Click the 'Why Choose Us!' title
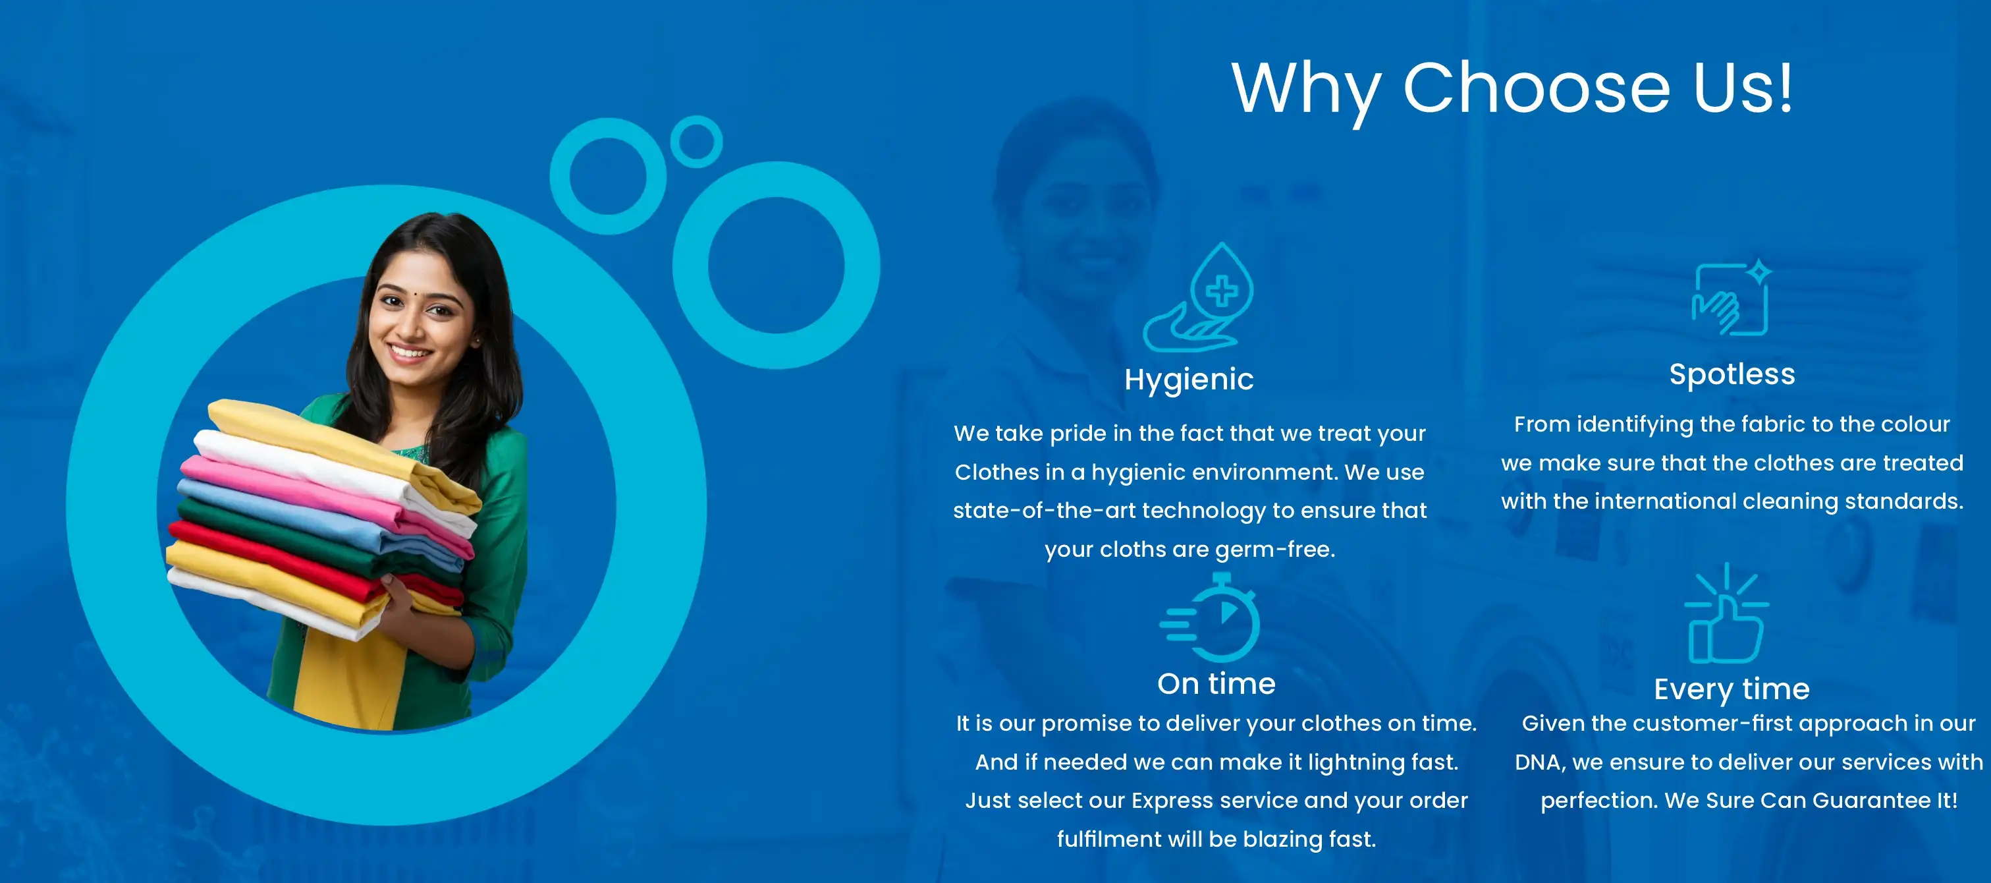(x=1512, y=90)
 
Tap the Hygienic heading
(x=1189, y=380)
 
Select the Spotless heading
(x=1732, y=374)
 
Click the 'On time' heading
(x=1216, y=683)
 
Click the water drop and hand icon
(x=1198, y=298)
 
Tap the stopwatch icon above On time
(x=1211, y=617)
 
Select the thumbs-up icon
(x=1727, y=613)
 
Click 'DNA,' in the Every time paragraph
(x=1541, y=762)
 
